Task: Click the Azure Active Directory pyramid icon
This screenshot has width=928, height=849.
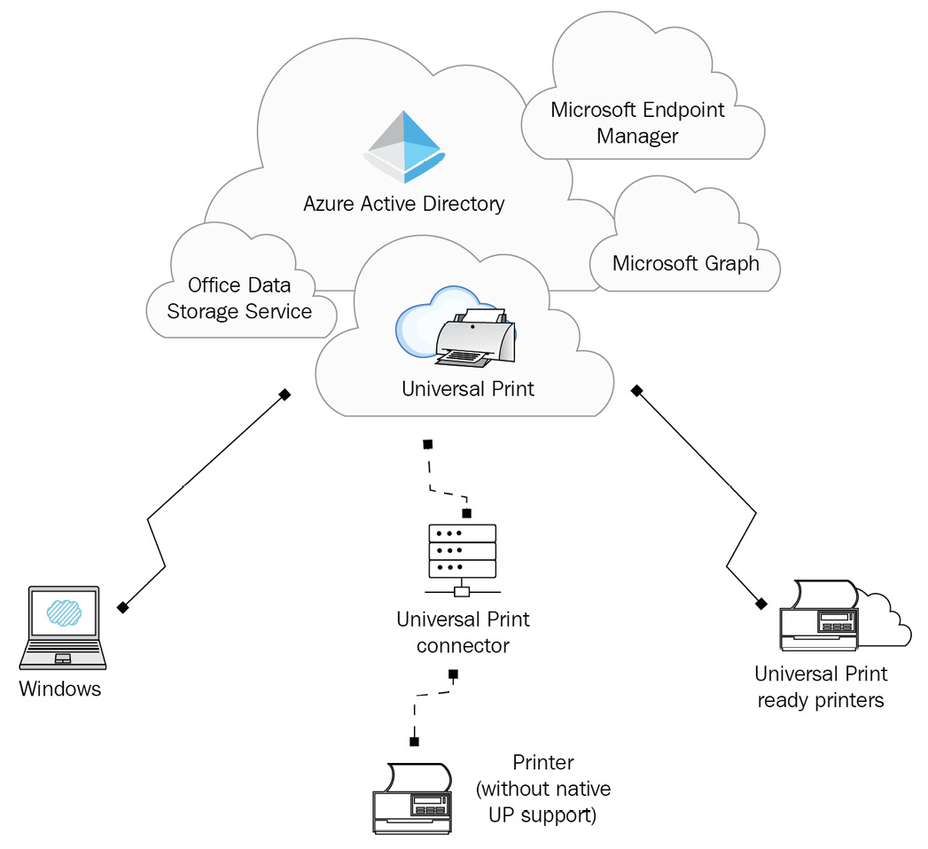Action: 404,147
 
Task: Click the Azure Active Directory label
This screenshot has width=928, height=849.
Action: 403,204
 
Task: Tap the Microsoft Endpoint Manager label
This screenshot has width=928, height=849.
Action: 637,122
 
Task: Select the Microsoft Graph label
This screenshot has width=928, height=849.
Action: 685,263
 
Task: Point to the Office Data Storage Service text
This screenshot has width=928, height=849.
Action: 239,298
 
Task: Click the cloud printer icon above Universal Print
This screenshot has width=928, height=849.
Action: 456,327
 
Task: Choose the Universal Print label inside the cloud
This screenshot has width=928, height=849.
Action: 468,389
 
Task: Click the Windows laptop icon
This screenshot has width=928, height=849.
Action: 63,627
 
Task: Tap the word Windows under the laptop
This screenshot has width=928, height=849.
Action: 59,689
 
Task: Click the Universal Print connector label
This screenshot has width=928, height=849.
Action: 463,633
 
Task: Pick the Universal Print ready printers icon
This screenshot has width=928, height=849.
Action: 846,615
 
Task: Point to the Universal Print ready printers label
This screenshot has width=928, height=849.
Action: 821,687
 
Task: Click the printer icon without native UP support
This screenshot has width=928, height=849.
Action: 412,798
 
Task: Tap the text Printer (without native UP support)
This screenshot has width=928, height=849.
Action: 543,789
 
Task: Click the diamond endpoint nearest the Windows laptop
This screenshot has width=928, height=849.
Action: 122,607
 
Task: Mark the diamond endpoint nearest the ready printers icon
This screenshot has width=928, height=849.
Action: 761,604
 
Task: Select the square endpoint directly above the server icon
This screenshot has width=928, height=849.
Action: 466,513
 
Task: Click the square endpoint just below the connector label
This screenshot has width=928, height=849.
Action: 453,674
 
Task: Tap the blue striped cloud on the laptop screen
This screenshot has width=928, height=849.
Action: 64,613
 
